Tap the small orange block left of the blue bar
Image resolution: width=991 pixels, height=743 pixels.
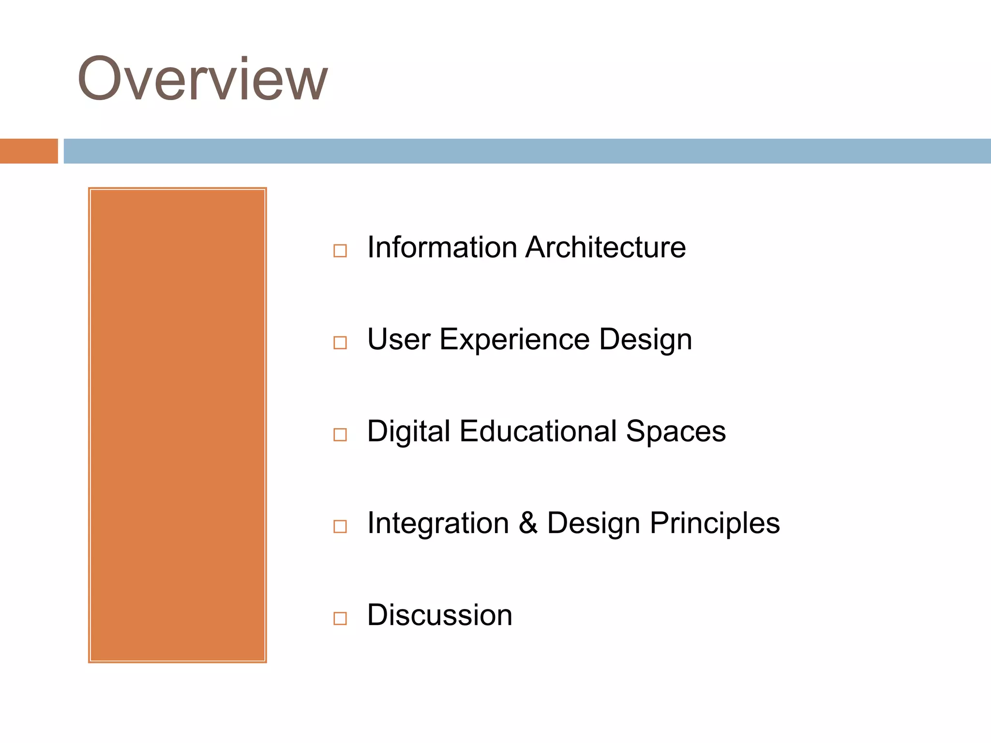29,151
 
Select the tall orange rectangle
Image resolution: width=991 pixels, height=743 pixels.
178,425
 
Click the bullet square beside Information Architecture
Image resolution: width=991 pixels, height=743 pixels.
340,251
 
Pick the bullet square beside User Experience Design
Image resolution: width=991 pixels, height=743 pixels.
340,342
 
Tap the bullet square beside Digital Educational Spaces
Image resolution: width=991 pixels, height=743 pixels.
340,434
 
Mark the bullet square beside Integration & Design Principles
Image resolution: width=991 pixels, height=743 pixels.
340,526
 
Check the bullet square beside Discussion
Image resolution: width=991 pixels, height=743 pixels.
340,618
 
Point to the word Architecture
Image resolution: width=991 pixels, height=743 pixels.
605,247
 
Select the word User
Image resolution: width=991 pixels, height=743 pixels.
399,339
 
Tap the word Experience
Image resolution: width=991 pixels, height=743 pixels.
514,340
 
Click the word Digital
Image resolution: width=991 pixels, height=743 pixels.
408,431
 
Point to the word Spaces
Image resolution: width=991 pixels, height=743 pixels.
676,432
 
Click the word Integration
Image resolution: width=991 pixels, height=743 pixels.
438,524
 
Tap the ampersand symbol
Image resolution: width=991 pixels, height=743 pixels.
528,523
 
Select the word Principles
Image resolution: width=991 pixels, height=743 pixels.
714,524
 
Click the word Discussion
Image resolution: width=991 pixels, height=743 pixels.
439,615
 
